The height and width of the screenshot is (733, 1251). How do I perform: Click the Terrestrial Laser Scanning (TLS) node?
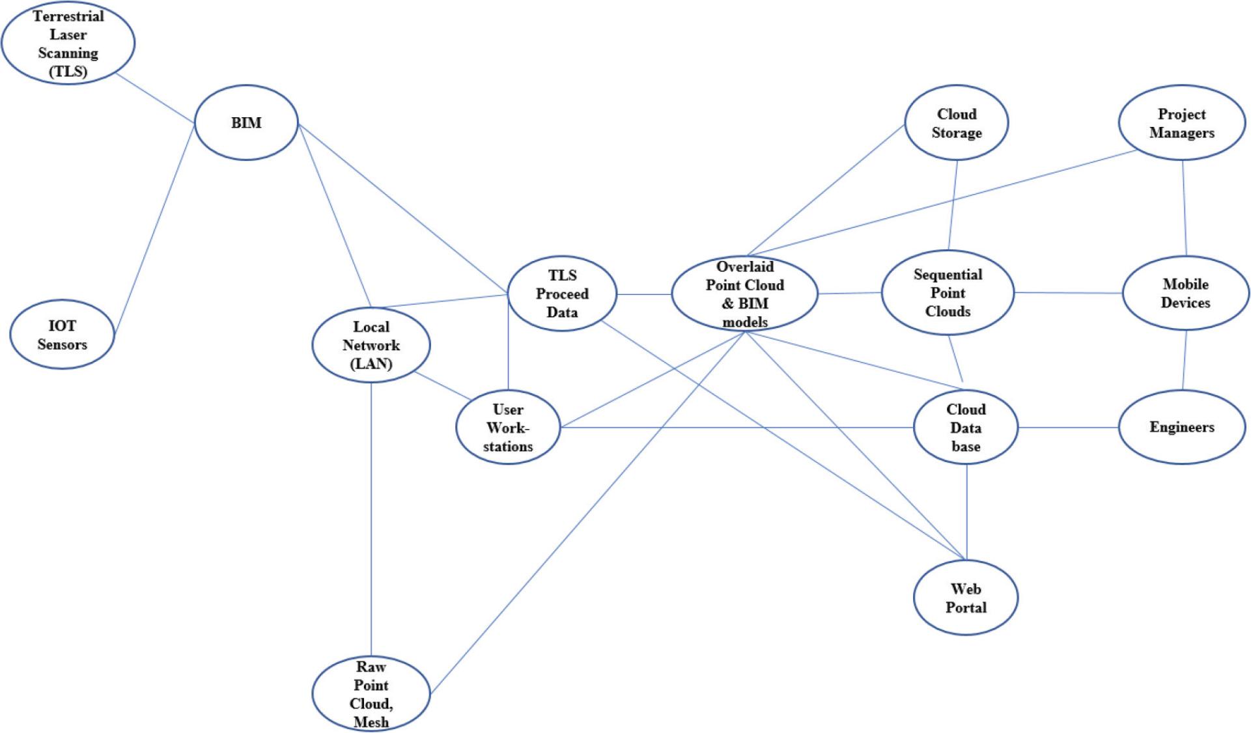tap(68, 44)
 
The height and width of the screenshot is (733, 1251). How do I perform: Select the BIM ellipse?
tap(246, 122)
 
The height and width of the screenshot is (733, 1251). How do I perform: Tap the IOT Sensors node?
tap(62, 335)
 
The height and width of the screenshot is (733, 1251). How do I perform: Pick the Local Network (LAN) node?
tap(371, 345)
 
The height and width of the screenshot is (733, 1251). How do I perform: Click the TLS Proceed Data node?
tap(561, 294)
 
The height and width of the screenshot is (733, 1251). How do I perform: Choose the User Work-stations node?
tap(508, 428)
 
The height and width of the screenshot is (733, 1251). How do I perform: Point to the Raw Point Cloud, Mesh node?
tap(371, 694)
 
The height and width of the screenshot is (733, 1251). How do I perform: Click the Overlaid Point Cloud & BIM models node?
tap(744, 294)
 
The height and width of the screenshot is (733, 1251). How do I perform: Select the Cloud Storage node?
tap(956, 123)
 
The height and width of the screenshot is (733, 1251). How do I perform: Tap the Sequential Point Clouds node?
tap(948, 293)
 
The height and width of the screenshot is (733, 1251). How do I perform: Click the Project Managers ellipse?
tap(1181, 123)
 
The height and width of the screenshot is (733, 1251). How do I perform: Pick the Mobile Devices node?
tap(1185, 293)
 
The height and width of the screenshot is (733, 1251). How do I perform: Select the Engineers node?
tap(1181, 427)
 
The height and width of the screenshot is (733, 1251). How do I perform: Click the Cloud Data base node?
tap(966, 428)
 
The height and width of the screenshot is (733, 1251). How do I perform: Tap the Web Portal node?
tap(966, 598)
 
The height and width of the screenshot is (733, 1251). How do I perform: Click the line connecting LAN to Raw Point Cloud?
tap(371, 521)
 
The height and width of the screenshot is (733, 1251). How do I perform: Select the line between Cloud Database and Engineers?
tap(1068, 428)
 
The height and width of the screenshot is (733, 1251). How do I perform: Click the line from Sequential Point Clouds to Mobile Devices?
tap(1068, 293)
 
